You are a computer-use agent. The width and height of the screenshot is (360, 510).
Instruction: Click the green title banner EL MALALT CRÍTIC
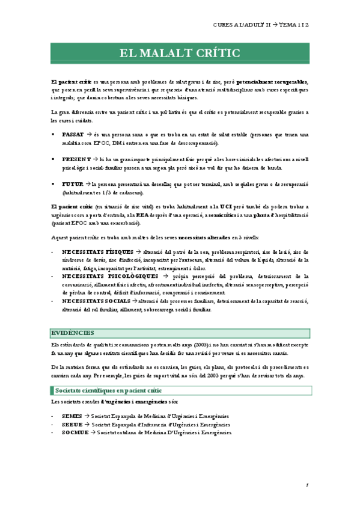click(179, 54)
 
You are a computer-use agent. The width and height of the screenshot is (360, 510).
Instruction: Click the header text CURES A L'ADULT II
click(241, 26)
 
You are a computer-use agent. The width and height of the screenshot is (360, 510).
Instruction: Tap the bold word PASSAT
click(73, 135)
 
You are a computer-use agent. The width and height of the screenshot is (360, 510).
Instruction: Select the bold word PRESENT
click(75, 159)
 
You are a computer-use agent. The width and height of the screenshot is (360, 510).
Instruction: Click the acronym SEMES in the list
click(72, 399)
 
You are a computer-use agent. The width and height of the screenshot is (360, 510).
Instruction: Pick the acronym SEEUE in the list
click(72, 407)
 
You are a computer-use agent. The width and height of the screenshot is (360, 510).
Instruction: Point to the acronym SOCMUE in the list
click(75, 415)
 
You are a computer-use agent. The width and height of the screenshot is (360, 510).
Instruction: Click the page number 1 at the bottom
click(307, 485)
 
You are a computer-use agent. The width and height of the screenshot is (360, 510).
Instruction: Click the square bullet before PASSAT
click(54, 135)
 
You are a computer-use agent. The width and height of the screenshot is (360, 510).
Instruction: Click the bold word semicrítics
click(226, 215)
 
